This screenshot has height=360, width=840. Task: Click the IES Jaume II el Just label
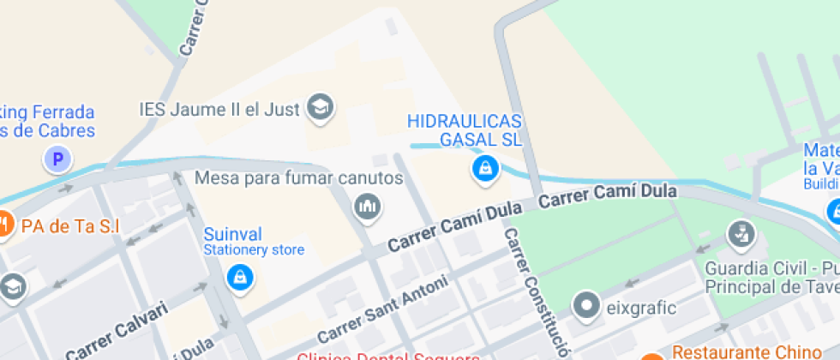click(x=219, y=110)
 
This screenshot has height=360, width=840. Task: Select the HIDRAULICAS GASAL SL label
click(x=464, y=129)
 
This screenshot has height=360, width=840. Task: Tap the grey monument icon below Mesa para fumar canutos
click(x=368, y=207)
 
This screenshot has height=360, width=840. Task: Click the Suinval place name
click(x=232, y=234)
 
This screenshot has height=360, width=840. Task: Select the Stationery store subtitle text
click(x=253, y=250)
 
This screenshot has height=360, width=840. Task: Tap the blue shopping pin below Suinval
click(x=240, y=276)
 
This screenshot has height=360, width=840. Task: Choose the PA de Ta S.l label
click(x=69, y=226)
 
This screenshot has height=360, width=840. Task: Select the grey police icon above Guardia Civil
click(x=739, y=233)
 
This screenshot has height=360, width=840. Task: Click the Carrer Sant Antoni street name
click(x=382, y=309)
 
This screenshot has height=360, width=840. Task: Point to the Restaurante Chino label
click(x=746, y=351)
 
